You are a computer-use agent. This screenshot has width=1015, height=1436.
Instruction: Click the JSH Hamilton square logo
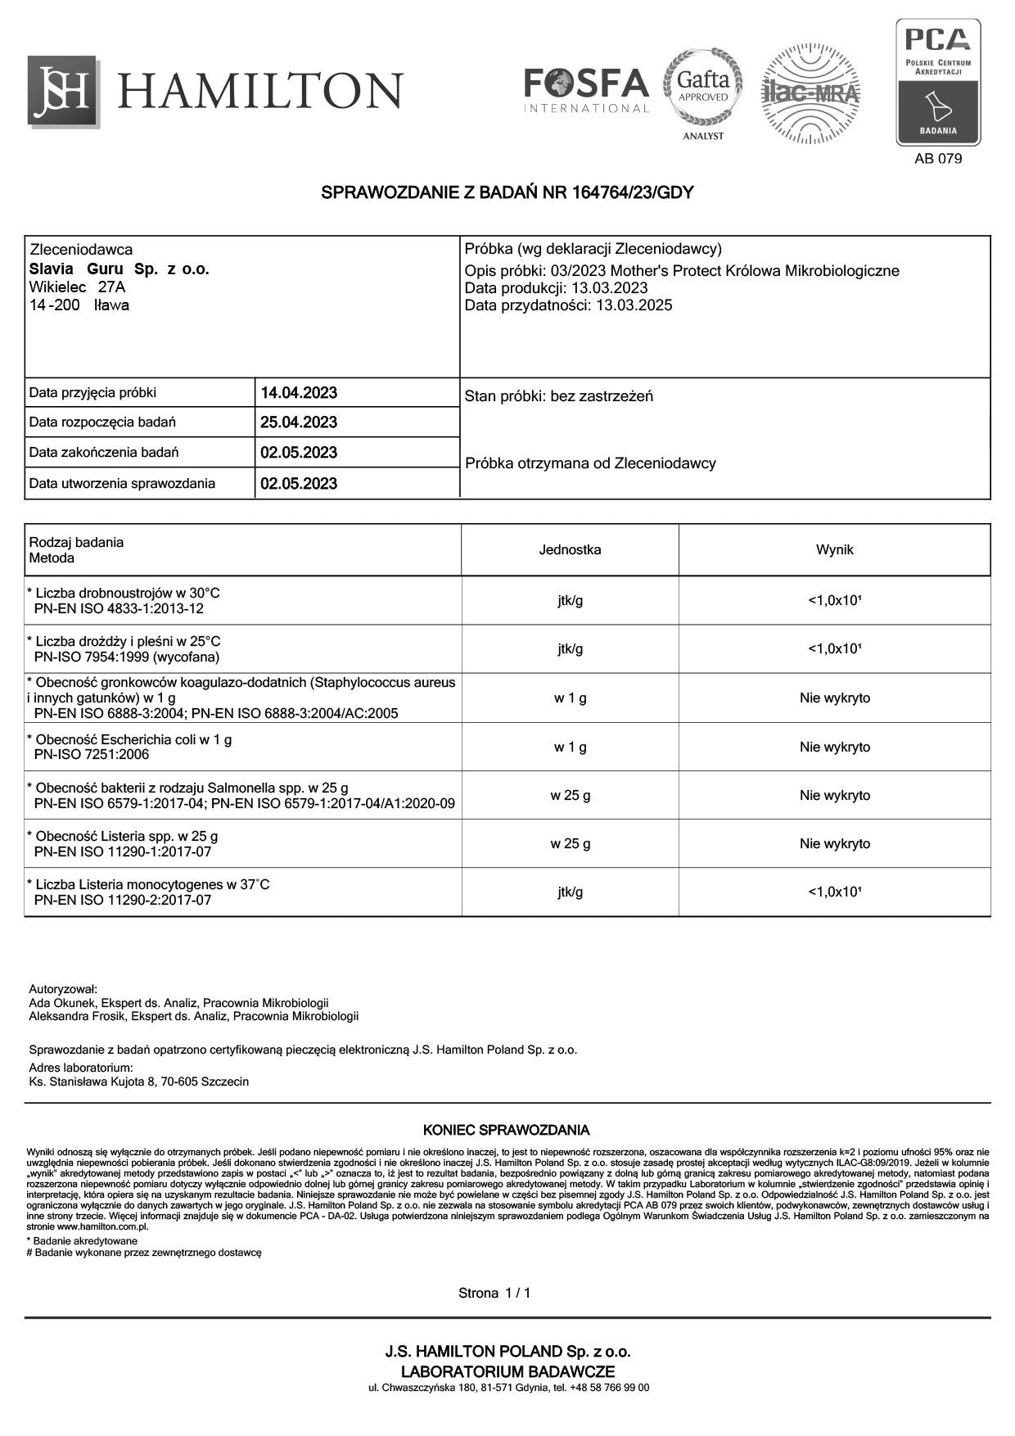[63, 91]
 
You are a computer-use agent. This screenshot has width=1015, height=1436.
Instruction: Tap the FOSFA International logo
[586, 90]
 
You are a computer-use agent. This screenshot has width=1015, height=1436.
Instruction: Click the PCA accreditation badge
[937, 82]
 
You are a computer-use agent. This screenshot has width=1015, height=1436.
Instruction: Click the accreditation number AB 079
[938, 159]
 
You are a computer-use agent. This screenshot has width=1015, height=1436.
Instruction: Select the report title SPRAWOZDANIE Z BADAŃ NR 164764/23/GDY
[508, 193]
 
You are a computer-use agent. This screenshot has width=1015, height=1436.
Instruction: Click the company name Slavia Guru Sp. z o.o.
[120, 269]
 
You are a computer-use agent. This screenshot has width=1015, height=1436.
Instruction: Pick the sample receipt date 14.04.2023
[299, 393]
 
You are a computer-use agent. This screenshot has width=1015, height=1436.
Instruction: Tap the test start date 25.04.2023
[299, 422]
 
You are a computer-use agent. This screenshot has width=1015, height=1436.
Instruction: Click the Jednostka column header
[570, 550]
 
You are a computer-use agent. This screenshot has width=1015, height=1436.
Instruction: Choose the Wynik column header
[834, 550]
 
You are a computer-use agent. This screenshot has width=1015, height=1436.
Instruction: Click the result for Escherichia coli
[834, 747]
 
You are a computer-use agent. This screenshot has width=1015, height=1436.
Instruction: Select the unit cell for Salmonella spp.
[570, 795]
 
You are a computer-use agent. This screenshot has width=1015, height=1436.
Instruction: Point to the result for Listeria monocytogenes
[834, 892]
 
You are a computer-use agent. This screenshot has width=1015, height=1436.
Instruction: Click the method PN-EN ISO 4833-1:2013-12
[119, 609]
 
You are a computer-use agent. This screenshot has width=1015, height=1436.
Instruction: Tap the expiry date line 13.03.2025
[568, 305]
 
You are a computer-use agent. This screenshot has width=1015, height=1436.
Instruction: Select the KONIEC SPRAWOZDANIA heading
[506, 1131]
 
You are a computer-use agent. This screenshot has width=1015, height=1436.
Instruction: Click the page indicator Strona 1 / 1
[494, 1294]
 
